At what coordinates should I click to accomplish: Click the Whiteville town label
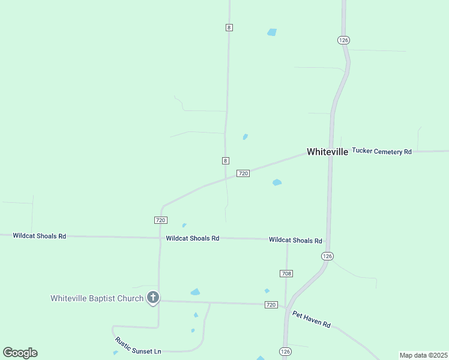tap(327, 152)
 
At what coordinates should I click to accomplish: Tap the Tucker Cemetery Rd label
tap(382, 152)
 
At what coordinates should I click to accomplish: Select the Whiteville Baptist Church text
tap(97, 298)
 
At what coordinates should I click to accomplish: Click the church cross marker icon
tap(153, 297)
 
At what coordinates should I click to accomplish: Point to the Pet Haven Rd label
tap(312, 319)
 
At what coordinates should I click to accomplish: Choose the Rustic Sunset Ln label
tap(138, 345)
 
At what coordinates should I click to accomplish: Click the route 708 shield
tap(286, 274)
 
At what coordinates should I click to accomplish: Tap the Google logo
tap(20, 353)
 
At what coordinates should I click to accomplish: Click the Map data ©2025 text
tap(423, 355)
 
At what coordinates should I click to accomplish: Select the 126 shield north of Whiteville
tap(343, 40)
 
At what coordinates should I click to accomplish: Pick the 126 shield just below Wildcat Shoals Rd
tap(327, 256)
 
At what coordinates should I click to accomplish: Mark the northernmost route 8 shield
tap(229, 28)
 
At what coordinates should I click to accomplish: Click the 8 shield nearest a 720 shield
tap(225, 160)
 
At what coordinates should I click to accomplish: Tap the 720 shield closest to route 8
tap(243, 173)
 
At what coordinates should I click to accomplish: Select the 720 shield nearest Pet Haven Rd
tap(271, 305)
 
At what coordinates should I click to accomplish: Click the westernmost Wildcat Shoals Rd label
tap(40, 236)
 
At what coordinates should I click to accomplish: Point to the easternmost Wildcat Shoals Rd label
tap(295, 240)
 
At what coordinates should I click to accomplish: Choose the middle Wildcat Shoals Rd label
tap(193, 238)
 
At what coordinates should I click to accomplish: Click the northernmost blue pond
tap(272, 32)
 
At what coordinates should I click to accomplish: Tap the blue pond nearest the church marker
tap(195, 292)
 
